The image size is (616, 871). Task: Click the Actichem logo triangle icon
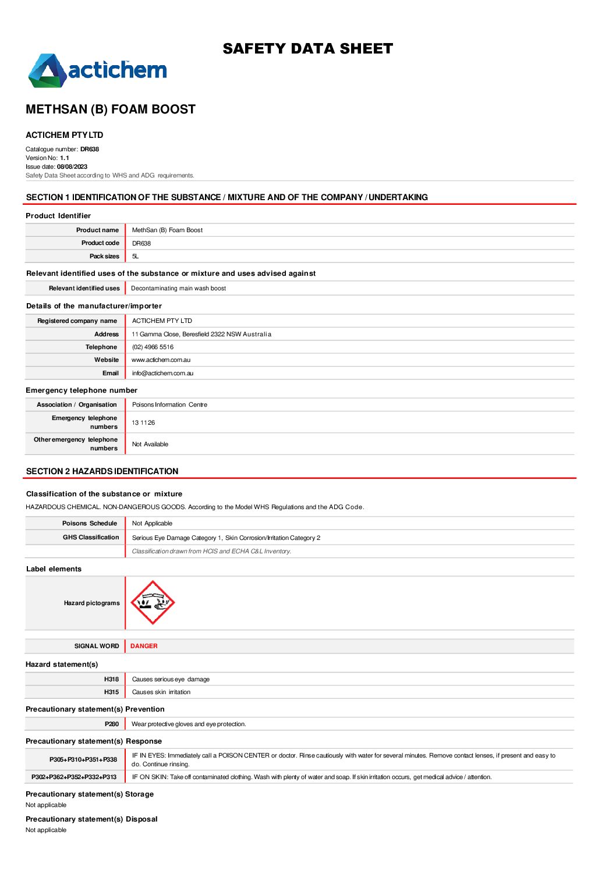point(47,71)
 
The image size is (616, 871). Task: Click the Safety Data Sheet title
point(307,49)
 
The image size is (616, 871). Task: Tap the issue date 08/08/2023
point(72,167)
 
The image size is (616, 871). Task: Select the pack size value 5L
point(136,257)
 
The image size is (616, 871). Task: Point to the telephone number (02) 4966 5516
point(153,347)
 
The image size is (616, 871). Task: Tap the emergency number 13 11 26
point(143,423)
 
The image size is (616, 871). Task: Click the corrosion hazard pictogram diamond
point(152,603)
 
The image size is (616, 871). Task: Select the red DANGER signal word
point(144,646)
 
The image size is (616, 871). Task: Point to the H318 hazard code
point(111,680)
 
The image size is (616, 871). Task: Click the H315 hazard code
point(111,692)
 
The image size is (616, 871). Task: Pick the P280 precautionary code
point(112,724)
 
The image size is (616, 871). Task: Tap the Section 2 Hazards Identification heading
point(102,471)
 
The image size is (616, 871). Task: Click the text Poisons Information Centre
point(169,405)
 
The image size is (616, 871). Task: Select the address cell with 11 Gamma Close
point(201,335)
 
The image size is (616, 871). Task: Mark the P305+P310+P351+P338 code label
point(83,760)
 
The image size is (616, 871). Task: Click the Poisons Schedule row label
point(90,524)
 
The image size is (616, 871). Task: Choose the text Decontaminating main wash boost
point(178,289)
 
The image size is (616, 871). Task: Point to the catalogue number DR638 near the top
point(90,150)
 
